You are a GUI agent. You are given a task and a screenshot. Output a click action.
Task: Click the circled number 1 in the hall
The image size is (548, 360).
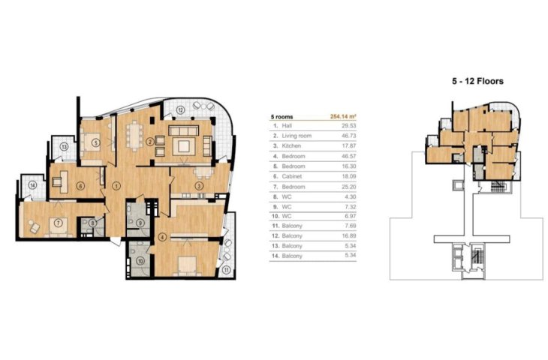(x=116, y=186)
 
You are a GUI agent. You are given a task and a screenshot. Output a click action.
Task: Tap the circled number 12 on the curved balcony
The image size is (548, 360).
(x=180, y=110)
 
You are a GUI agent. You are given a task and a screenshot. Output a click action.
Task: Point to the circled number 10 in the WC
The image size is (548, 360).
(x=140, y=261)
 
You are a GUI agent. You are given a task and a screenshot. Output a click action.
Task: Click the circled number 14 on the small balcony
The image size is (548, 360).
(x=32, y=185)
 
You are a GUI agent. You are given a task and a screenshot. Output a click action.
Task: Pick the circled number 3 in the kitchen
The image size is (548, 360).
(x=199, y=186)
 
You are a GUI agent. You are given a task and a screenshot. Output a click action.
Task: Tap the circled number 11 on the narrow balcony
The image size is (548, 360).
(x=227, y=270)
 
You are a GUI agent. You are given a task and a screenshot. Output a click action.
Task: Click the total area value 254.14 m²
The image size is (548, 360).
(x=343, y=116)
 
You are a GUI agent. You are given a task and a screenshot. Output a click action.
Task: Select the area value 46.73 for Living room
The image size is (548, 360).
(x=349, y=136)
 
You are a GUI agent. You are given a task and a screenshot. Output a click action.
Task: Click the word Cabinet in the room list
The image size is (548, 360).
(x=292, y=176)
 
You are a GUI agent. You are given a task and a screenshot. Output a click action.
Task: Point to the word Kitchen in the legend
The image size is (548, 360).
(x=291, y=145)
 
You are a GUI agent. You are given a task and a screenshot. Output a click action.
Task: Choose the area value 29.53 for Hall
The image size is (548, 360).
(x=349, y=125)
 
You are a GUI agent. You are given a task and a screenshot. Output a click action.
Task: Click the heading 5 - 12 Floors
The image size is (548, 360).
(x=477, y=81)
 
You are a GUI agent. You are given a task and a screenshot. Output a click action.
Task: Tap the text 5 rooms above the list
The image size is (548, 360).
(x=282, y=116)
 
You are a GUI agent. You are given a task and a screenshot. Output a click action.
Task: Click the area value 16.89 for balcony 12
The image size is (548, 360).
(x=349, y=235)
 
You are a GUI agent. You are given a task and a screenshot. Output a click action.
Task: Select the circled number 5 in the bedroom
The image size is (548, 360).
(x=96, y=142)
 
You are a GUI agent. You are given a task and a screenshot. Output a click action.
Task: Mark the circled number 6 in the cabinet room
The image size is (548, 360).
(x=81, y=186)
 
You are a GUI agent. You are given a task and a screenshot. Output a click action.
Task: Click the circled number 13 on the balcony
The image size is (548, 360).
(x=64, y=147)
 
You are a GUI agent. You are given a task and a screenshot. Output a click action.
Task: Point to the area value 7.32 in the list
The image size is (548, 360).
(x=350, y=207)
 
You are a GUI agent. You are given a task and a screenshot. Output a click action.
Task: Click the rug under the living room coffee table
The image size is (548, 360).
(x=184, y=145)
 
